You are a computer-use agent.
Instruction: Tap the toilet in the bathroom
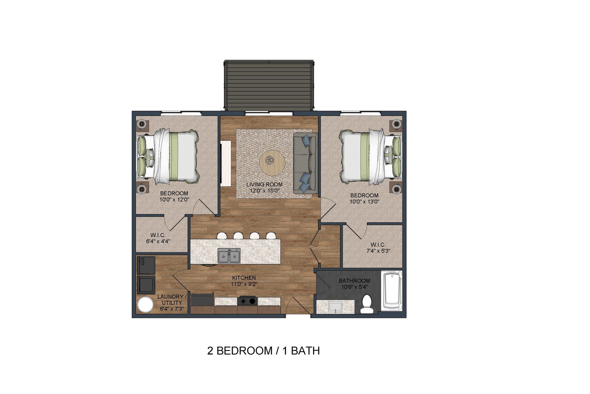366,304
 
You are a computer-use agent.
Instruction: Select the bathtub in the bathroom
391,291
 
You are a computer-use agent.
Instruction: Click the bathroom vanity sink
335,306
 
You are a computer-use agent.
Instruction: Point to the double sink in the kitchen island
229,256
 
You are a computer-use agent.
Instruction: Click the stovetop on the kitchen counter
247,300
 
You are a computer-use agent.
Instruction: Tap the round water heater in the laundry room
145,304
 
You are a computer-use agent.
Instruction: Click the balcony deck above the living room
269,85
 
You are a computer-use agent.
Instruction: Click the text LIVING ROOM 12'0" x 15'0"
264,187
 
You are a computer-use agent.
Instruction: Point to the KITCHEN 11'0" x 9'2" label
244,281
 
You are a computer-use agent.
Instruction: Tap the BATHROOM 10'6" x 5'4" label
354,283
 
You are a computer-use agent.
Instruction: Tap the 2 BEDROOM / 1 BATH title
263,351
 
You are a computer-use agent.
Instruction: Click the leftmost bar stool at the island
222,236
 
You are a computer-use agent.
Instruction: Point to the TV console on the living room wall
226,163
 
